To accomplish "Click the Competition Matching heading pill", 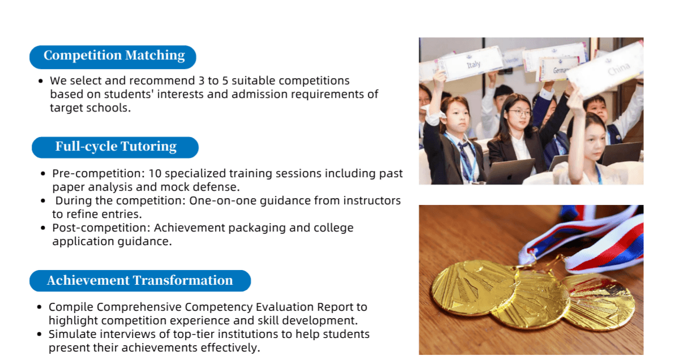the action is pyautogui.click(x=113, y=57).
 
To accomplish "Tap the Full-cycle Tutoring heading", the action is pyautogui.click(x=115, y=147).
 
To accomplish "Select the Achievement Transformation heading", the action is pyautogui.click(x=140, y=281).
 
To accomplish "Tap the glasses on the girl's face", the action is pyautogui.click(x=519, y=113).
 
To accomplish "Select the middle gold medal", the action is pyautogui.click(x=531, y=299).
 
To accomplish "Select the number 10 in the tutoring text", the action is pyautogui.click(x=155, y=174).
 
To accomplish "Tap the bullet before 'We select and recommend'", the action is pyautogui.click(x=41, y=81).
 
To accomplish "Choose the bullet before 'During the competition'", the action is pyautogui.click(x=43, y=201).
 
